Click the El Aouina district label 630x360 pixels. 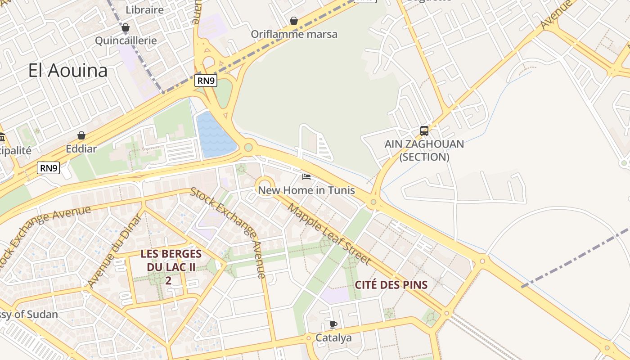(x=68, y=71)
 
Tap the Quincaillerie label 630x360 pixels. (x=126, y=40)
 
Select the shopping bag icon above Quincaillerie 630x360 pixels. (x=126, y=28)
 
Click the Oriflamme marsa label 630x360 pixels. (x=294, y=34)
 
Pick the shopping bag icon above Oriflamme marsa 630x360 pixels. (x=294, y=21)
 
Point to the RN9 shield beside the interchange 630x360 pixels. (x=206, y=81)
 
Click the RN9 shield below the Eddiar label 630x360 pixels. (x=49, y=168)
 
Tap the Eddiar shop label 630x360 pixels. (x=81, y=148)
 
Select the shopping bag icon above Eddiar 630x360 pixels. (x=81, y=135)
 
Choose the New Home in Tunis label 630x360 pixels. (x=306, y=190)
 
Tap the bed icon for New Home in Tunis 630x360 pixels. (x=306, y=177)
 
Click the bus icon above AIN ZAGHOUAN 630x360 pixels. (x=424, y=131)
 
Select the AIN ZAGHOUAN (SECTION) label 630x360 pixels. (x=424, y=151)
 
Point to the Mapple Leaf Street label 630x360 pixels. (x=329, y=234)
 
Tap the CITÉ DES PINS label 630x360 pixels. (x=391, y=285)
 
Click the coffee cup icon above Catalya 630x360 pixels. (x=333, y=324)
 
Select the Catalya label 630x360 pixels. (x=333, y=337)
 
